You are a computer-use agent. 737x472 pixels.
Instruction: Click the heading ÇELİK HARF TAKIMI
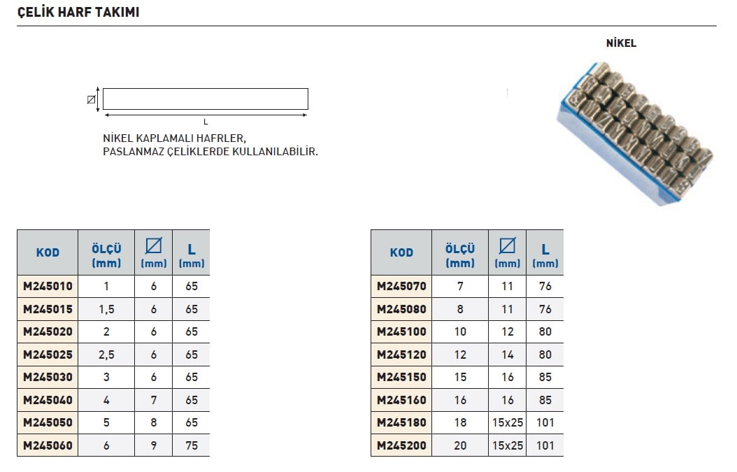point(78,12)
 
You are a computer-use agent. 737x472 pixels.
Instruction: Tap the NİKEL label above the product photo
point(621,43)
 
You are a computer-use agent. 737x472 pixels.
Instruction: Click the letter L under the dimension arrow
point(206,122)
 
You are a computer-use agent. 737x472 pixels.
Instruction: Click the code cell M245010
point(48,286)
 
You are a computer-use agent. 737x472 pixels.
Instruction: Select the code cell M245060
point(48,445)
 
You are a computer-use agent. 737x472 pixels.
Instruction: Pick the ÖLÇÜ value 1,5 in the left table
point(106,309)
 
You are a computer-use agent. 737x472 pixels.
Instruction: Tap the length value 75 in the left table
point(192,445)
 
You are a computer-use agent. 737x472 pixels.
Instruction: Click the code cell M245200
point(401,445)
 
